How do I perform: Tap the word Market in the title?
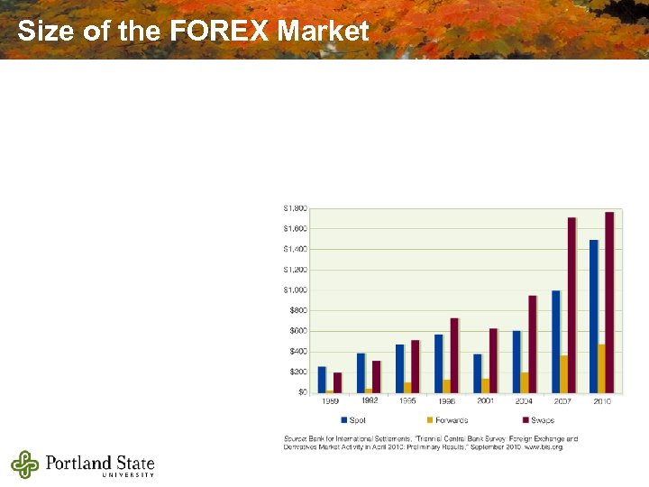(324, 32)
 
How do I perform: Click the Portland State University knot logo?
(25, 464)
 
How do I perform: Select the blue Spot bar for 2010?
(594, 316)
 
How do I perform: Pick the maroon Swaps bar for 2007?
(571, 305)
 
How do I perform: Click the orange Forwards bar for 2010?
(602, 368)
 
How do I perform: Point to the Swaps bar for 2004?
(533, 344)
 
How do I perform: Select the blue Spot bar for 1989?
(322, 379)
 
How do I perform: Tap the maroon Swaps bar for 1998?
(454, 354)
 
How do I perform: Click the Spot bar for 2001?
(478, 372)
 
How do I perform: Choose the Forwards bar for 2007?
(563, 373)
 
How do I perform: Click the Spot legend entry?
(353, 420)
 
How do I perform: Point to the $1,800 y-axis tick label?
(296, 207)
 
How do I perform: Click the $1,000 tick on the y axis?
(296, 289)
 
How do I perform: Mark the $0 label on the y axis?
(302, 392)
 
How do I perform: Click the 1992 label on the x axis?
(369, 400)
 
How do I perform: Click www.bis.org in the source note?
(544, 446)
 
